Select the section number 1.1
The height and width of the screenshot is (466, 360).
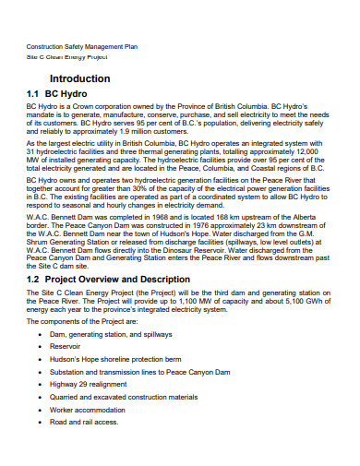tap(36, 95)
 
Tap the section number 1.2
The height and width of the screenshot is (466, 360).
tap(36, 280)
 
